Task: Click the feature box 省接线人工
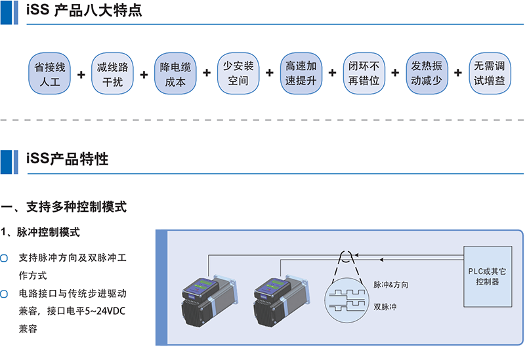point(50,73)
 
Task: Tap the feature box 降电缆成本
point(175,73)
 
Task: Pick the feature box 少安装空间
point(238,73)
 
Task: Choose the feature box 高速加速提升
point(301,73)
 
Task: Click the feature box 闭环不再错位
point(364,73)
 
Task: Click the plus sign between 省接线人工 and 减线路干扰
point(81,73)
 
